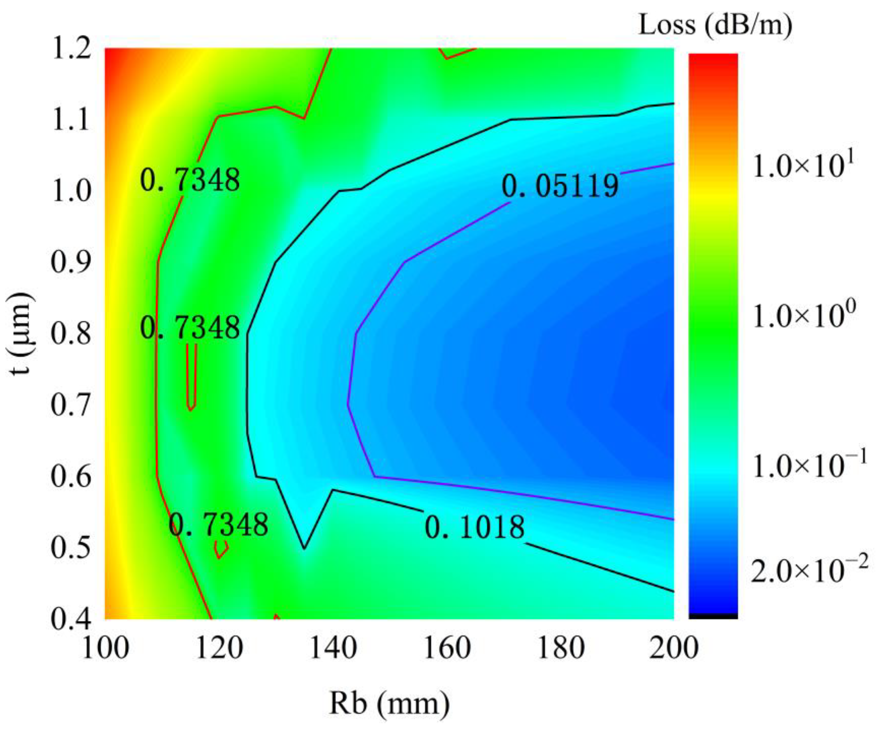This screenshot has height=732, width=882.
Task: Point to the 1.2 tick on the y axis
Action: tap(70, 49)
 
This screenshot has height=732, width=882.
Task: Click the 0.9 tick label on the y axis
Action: tap(70, 262)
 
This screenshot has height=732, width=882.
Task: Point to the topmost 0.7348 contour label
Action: tap(190, 180)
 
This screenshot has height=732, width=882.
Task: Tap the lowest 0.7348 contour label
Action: tap(218, 524)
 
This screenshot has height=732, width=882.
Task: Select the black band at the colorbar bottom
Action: tap(713, 616)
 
